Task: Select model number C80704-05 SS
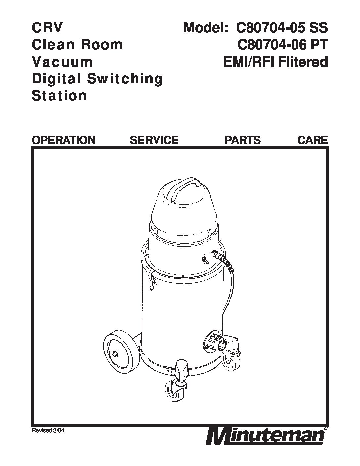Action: (x=282, y=28)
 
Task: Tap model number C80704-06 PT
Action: (x=282, y=45)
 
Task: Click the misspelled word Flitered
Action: (x=303, y=62)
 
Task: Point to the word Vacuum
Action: (x=62, y=62)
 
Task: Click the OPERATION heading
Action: (x=64, y=140)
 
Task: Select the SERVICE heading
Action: (x=154, y=140)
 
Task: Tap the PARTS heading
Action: (x=243, y=140)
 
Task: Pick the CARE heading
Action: (x=312, y=140)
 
